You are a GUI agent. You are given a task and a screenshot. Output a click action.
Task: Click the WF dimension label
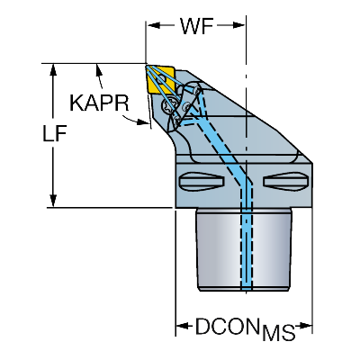197,26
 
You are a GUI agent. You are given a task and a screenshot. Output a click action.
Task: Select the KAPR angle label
99,103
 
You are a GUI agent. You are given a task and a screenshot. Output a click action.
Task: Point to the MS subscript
278,332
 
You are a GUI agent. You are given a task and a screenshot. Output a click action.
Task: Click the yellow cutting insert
160,79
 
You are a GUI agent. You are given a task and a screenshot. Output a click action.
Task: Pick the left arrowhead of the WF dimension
153,25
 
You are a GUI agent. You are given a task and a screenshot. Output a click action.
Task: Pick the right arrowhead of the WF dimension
238,25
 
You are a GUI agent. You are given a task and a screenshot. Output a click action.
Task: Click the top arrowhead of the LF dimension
53,70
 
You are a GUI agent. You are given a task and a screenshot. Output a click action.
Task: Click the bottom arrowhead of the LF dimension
53,201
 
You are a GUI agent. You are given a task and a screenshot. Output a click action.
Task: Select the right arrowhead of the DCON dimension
305,326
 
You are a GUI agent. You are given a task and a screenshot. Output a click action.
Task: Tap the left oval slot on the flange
202,181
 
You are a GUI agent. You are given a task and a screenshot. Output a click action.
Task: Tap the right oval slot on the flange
285,181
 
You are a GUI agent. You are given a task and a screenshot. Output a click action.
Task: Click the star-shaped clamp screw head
168,106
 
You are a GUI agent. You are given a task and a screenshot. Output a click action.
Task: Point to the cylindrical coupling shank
244,249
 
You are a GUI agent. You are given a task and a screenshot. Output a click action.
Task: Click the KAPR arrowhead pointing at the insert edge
142,122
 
